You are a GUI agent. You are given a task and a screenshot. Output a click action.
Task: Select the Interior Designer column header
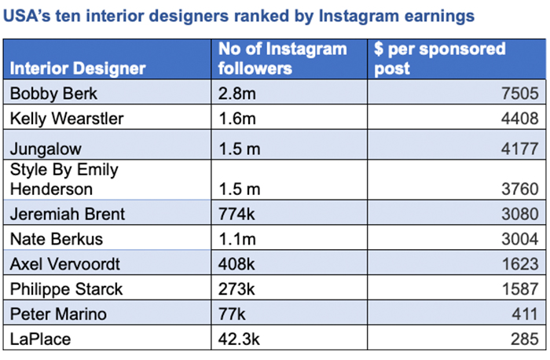pos(78,68)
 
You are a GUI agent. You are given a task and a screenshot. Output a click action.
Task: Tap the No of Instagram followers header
pos(283,59)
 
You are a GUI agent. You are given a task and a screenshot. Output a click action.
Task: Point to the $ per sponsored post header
pos(440,59)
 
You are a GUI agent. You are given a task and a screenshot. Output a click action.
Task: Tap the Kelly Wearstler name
pos(66,119)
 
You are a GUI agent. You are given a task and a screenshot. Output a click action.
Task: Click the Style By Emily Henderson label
pos(63,178)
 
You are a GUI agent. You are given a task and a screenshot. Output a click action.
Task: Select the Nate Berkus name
pos(56,238)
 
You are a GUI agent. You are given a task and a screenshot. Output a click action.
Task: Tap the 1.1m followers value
pos(236,238)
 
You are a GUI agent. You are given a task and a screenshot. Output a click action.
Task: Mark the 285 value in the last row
pos(522,340)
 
